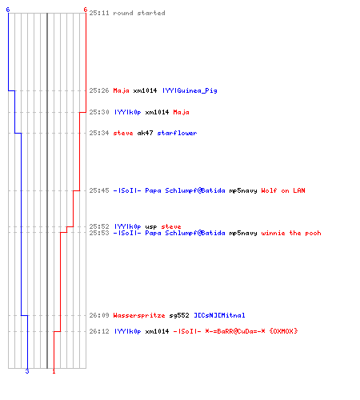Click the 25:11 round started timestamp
[x=99, y=13]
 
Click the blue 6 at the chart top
[x=8, y=10]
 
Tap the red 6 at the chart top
[x=86, y=10]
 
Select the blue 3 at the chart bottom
[x=27, y=371]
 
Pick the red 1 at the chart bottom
[x=54, y=371]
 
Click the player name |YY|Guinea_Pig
[x=190, y=90]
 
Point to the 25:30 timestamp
[x=99, y=112]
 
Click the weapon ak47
[x=145, y=133]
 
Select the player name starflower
[x=177, y=133]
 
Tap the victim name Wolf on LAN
[x=283, y=190]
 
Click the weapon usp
[x=151, y=226]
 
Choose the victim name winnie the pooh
[x=291, y=233]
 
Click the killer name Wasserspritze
[x=139, y=315]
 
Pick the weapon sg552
[x=179, y=315]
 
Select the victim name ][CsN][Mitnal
[x=219, y=315]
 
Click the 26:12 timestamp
[x=99, y=331]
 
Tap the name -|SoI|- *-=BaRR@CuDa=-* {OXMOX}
[x=235, y=331]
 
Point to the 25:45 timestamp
[x=99, y=190]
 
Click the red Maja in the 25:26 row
[x=121, y=90]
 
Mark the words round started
[x=139, y=13]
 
